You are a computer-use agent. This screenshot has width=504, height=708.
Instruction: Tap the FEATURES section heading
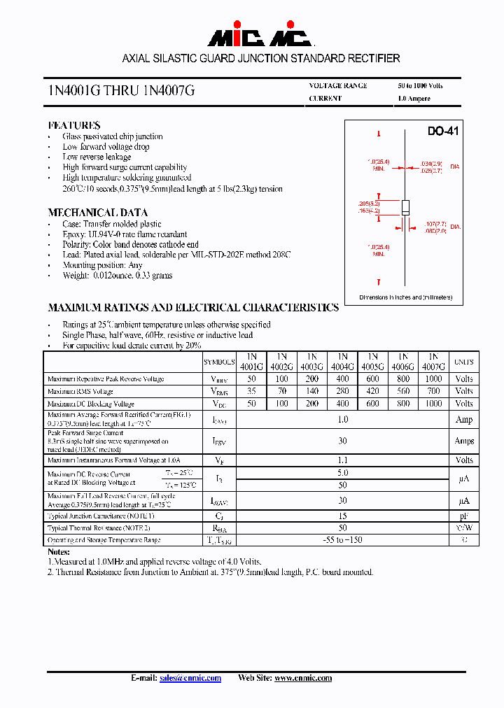pyautogui.click(x=73, y=125)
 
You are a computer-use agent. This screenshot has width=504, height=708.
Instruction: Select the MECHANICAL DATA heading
pyautogui.click(x=97, y=213)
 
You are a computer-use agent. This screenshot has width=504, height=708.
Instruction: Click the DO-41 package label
pyautogui.click(x=442, y=132)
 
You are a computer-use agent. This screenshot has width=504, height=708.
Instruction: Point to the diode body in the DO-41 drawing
pyautogui.click(x=405, y=207)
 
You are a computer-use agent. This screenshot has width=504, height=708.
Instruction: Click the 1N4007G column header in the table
pyautogui.click(x=433, y=361)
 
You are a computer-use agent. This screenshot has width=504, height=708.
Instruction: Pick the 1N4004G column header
pyautogui.click(x=342, y=361)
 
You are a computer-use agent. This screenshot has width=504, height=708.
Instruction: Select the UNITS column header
pyautogui.click(x=463, y=362)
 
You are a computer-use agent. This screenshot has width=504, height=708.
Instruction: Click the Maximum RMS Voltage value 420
pyautogui.click(x=372, y=391)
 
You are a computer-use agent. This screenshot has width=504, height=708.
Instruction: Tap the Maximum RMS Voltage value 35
pyautogui.click(x=251, y=391)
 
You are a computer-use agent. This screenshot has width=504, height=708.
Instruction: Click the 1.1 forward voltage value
pyautogui.click(x=342, y=460)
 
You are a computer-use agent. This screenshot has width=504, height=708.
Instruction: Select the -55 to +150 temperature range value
pyautogui.click(x=342, y=540)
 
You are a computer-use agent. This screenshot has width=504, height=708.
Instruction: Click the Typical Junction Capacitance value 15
pyautogui.click(x=342, y=516)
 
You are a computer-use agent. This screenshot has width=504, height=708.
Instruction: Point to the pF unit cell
pyautogui.click(x=464, y=516)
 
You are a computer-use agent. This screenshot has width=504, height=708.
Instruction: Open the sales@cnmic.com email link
pyautogui.click(x=190, y=678)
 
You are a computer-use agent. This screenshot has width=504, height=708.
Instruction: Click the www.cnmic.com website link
pyautogui.click(x=302, y=678)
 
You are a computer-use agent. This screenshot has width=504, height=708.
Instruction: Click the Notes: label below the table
pyautogui.click(x=59, y=552)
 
